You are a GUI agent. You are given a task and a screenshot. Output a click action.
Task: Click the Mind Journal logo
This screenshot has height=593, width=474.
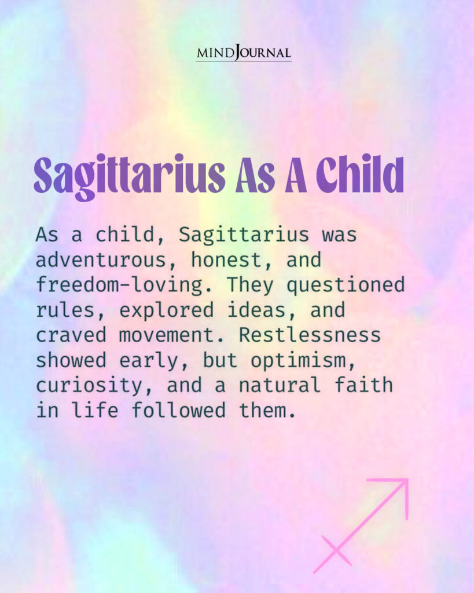243,53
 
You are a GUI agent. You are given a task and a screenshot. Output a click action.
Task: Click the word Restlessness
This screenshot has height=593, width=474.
310,335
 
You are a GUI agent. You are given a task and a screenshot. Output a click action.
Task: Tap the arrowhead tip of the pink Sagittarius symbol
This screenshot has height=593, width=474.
406,481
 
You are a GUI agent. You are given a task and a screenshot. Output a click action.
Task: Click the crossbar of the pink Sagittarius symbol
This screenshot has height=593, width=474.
336,551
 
